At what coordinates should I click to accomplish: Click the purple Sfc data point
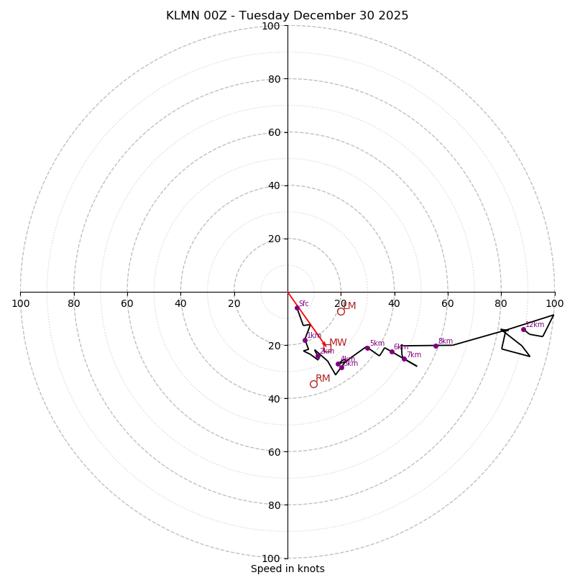point(297,308)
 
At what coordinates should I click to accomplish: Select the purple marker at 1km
point(305,340)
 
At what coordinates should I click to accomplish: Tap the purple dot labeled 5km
point(367,348)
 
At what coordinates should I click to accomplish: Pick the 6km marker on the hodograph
point(392,351)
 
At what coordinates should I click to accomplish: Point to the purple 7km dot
point(404,359)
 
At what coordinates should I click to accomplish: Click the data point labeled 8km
point(436,346)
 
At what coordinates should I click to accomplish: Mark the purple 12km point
point(523,329)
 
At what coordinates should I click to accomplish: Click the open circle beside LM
point(341,311)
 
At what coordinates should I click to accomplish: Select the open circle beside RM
point(313,384)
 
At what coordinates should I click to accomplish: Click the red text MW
point(338,343)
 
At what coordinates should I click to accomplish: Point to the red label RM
point(323,379)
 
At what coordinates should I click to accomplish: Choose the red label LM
point(349,306)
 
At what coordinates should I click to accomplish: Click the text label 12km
point(535,325)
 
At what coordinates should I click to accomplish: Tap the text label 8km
point(446,341)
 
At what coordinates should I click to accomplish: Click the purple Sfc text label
point(303,304)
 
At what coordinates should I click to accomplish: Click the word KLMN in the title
point(183,16)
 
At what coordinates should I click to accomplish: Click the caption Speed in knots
point(287,569)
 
